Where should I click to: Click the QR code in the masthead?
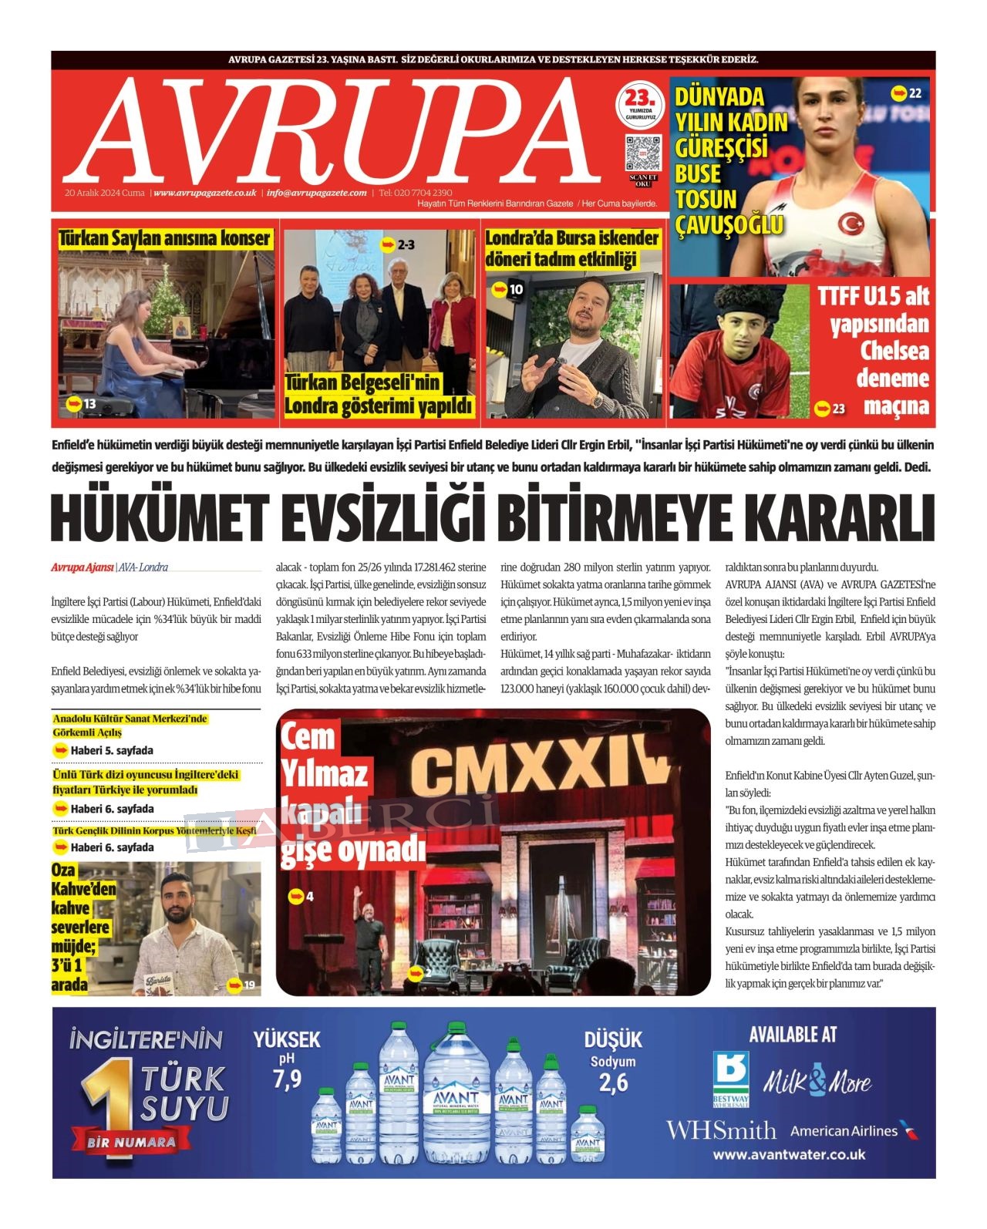coord(642,153)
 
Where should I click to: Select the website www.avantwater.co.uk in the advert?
coord(789,1154)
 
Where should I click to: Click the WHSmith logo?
coord(721,1130)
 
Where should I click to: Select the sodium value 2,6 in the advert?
coord(613,1083)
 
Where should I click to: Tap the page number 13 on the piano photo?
coord(89,404)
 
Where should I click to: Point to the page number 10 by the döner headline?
coord(516,289)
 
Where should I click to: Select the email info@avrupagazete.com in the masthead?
coord(316,193)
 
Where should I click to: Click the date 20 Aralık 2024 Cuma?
coord(105,193)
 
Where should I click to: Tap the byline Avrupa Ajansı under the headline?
coord(82,567)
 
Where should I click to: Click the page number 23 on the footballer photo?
coord(838,408)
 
